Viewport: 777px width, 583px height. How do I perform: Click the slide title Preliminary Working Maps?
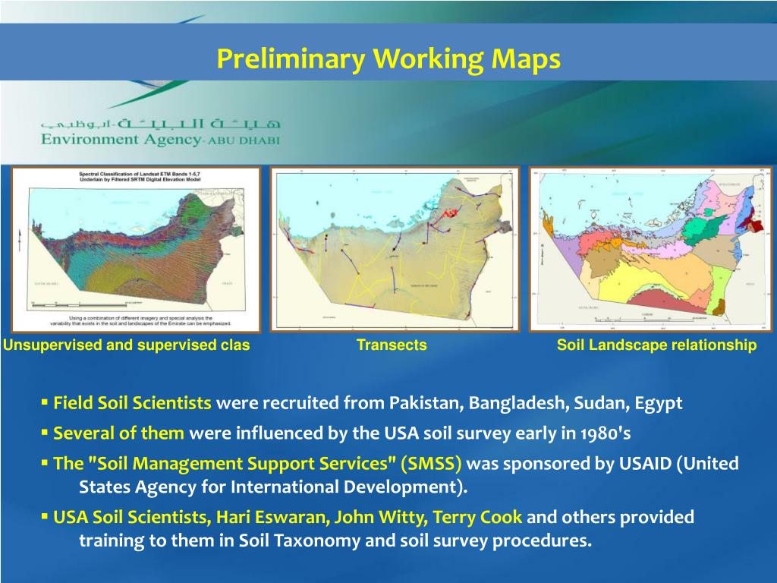[x=388, y=59]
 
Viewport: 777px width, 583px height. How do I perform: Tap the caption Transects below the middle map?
[x=392, y=345]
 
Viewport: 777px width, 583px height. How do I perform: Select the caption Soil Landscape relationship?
[x=656, y=345]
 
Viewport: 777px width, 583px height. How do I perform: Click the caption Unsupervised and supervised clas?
[x=126, y=345]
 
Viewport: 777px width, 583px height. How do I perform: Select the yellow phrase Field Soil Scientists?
[x=132, y=403]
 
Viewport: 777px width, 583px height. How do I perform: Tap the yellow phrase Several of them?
[x=118, y=433]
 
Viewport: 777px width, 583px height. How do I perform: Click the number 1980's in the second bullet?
[x=603, y=433]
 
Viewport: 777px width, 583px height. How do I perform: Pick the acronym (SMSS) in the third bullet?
[x=431, y=463]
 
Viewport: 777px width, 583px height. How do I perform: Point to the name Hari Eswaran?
[x=272, y=517]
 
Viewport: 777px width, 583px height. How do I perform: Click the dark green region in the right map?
[x=706, y=226]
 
